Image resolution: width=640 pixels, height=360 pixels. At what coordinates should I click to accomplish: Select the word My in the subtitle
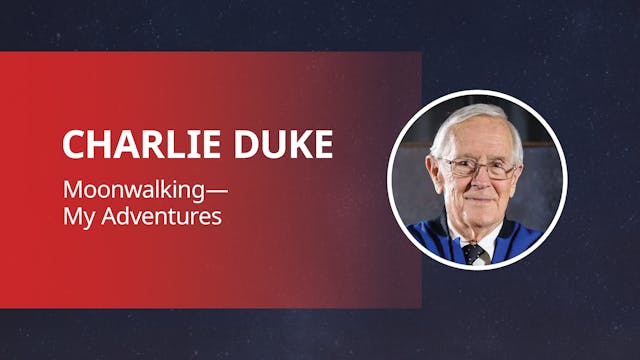(76, 216)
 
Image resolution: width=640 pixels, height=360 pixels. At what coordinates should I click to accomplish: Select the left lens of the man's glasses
(456, 166)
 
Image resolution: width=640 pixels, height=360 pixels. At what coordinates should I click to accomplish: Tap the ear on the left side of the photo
(433, 175)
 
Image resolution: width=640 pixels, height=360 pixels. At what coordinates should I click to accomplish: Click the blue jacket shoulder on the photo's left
(427, 240)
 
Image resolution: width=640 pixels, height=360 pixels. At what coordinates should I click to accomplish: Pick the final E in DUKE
(322, 145)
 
